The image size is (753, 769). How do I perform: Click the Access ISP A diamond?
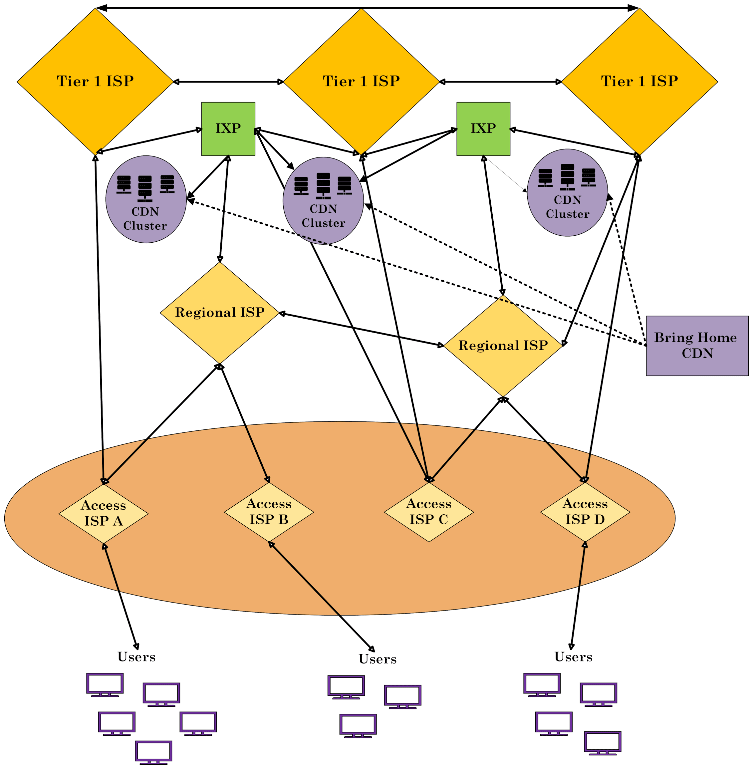click(x=103, y=514)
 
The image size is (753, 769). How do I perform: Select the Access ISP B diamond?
click(x=269, y=512)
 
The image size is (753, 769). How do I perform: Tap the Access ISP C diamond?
click(x=429, y=512)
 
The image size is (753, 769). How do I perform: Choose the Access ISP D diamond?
click(x=585, y=512)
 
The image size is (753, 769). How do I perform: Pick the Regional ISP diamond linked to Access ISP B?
click(x=219, y=313)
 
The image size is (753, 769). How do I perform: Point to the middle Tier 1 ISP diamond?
click(x=361, y=82)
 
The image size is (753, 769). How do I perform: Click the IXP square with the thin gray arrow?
click(x=483, y=128)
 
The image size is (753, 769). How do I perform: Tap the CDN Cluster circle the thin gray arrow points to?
click(x=567, y=193)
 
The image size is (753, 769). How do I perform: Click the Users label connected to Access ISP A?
click(x=136, y=657)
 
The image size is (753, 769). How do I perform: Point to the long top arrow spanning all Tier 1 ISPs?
click(x=368, y=8)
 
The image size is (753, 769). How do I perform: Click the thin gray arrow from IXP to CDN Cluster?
click(x=506, y=174)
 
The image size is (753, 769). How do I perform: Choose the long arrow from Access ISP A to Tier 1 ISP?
click(x=99, y=319)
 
